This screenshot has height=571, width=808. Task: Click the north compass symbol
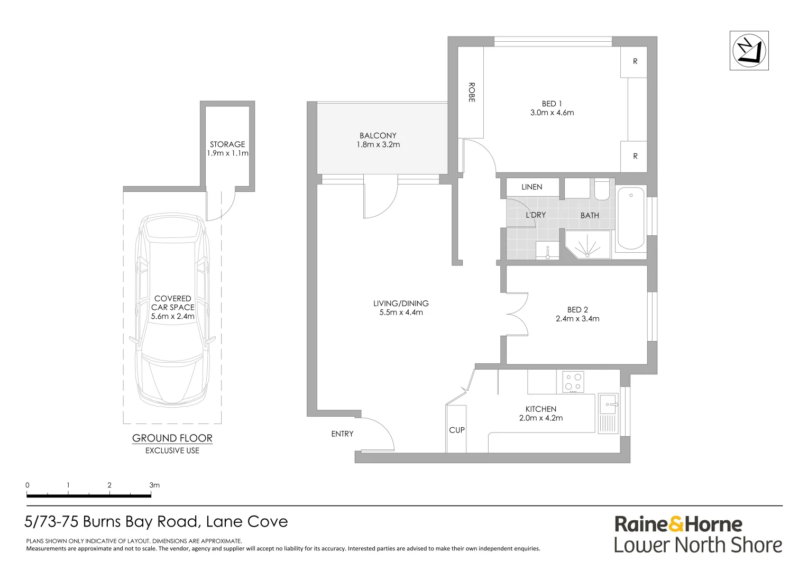coord(749,51)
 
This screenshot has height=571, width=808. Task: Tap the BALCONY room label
coord(378,136)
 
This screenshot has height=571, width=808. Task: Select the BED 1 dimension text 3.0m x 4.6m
coord(552,113)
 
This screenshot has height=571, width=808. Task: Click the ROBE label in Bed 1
coord(472,93)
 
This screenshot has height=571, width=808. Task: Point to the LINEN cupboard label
coord(531,187)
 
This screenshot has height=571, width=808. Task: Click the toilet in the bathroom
coord(602,189)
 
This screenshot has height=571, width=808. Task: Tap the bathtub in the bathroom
coord(631,218)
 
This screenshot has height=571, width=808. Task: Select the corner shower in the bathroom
coord(587,245)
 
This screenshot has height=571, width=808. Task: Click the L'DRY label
coord(536,215)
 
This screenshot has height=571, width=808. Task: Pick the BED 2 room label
coord(577,309)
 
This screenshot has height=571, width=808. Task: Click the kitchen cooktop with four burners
coord(573,382)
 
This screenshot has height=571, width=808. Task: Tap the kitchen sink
coord(608,404)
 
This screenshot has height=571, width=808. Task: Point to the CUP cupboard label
coord(457,430)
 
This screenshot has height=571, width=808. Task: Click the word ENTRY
coord(342,434)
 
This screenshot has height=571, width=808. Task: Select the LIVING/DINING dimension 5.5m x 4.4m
coord(401,312)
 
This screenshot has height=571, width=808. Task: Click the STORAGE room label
coord(227,144)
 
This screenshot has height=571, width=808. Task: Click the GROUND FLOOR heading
coord(172,438)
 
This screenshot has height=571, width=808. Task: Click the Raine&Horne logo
coord(678,524)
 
